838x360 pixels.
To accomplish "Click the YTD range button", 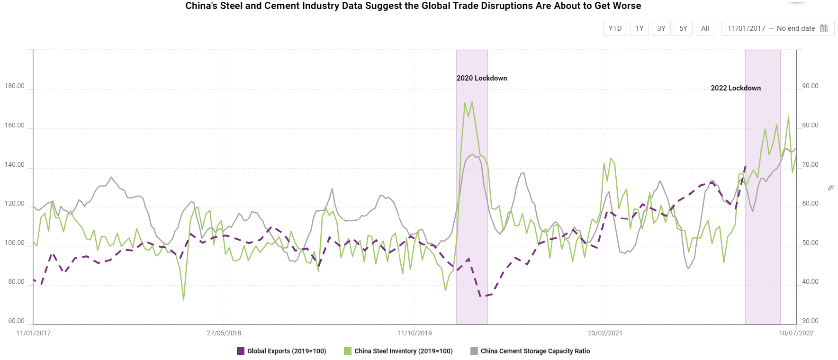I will point(615,28).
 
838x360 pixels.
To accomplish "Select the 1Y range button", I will point(640,28).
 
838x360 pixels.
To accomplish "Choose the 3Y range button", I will point(661,28).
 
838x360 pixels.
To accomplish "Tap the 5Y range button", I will point(683,28).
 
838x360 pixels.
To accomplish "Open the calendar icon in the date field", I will point(824,28).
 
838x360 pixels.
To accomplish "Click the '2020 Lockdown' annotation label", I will point(482,78).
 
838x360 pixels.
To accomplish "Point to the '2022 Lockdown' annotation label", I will point(736,88).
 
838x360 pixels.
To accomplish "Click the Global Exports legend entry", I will point(281,351).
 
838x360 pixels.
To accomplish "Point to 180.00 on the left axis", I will point(15,86).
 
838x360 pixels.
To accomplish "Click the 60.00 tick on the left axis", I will point(16,321).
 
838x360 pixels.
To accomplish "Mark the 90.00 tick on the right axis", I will point(810,86).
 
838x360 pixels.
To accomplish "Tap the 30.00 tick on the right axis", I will point(810,321).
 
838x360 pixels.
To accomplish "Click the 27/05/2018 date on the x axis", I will point(224,333).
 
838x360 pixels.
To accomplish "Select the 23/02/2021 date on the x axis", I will point(605,333).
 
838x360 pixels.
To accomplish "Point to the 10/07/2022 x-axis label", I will point(796,333).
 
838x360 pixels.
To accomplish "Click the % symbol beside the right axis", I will point(831,188).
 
